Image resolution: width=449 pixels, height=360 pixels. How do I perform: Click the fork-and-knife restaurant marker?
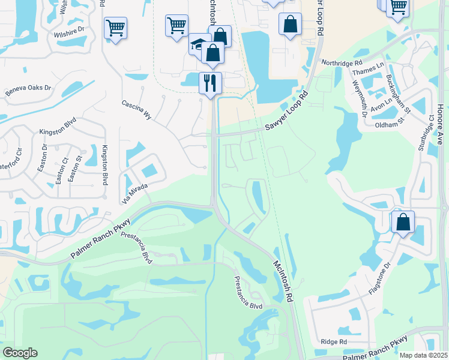(210, 82)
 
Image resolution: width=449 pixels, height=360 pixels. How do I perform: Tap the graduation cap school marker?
(197, 44)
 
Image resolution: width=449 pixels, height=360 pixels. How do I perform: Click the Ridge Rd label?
(334, 341)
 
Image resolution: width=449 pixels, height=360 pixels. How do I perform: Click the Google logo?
(20, 353)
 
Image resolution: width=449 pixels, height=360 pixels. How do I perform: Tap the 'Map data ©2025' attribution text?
(423, 355)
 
